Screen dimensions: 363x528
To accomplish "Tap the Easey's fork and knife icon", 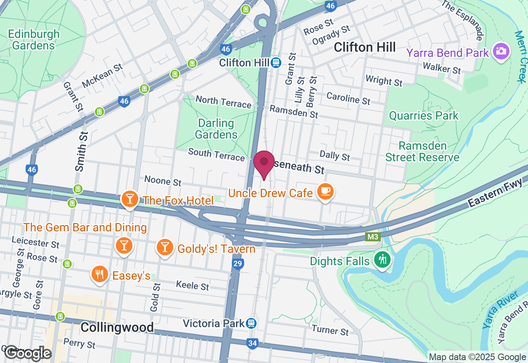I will tap(99, 275).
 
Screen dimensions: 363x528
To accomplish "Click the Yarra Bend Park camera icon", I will tap(501, 52).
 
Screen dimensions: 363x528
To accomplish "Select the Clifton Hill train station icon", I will tap(276, 63).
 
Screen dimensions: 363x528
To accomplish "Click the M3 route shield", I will tap(372, 237).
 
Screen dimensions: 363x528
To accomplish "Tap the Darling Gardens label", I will tap(216, 129).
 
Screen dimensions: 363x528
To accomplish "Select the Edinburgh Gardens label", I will tap(33, 40).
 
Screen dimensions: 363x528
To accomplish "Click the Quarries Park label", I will tap(424, 115).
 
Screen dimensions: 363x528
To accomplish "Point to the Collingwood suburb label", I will tap(117, 328).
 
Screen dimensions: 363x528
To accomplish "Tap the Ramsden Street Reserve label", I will tap(423, 151).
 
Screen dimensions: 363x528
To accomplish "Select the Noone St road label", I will tap(163, 181).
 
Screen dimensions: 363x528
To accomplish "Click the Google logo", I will tap(28, 353).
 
